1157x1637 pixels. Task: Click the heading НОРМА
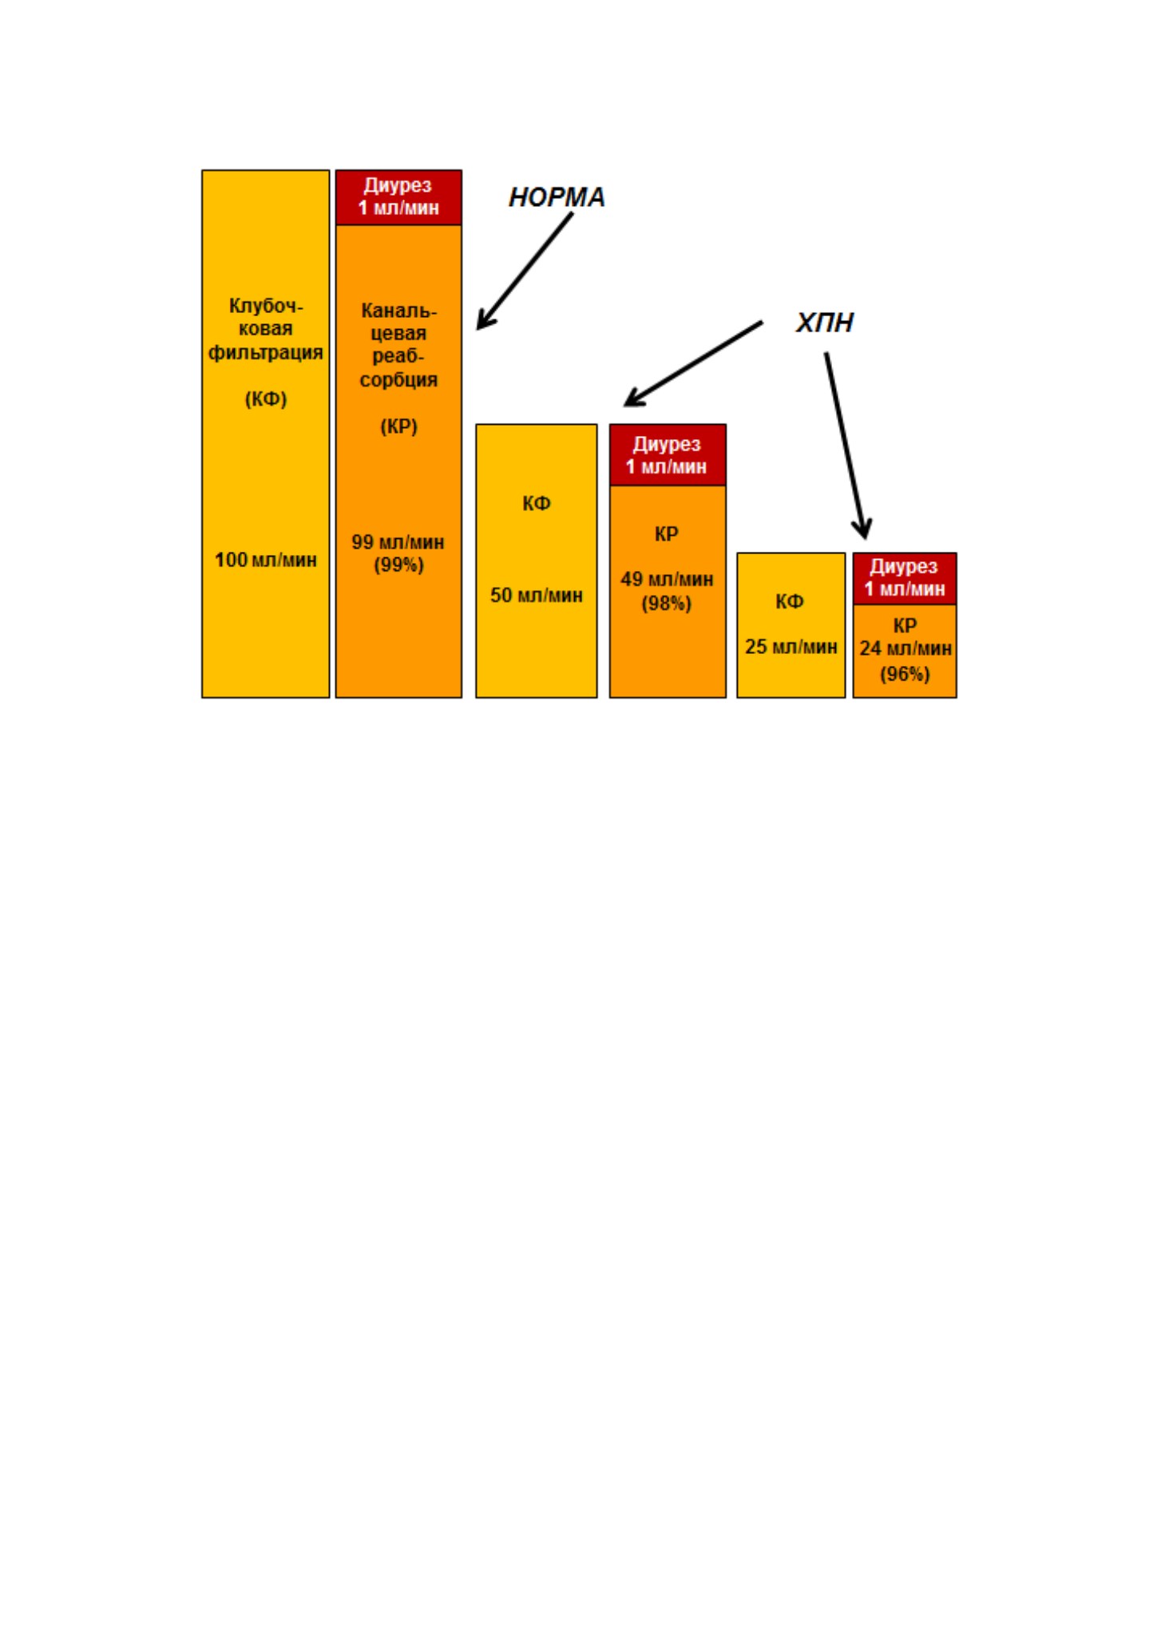coord(557,197)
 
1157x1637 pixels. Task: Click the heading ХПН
coord(825,323)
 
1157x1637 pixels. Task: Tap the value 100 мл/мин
coord(266,560)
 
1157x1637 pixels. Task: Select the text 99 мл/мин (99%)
coord(398,553)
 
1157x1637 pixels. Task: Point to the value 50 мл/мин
coord(537,595)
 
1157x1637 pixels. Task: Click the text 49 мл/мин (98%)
coord(667,591)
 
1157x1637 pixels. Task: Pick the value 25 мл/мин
coord(791,646)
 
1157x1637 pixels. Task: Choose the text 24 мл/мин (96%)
coord(905,660)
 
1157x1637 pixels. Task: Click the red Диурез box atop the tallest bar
coord(398,197)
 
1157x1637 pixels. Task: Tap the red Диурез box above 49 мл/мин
coord(668,455)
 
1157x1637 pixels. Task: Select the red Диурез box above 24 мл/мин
coord(905,579)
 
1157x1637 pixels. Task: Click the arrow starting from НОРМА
coord(525,272)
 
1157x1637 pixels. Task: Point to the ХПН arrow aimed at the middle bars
coord(693,364)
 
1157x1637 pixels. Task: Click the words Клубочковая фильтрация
coord(266,329)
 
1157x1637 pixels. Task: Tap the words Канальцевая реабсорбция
coord(398,345)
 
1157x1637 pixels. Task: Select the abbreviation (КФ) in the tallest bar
coord(266,398)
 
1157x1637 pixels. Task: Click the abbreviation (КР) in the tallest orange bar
coord(398,426)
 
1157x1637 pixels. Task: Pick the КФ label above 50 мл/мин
coord(537,503)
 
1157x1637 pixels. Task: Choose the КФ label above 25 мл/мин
coord(790,601)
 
